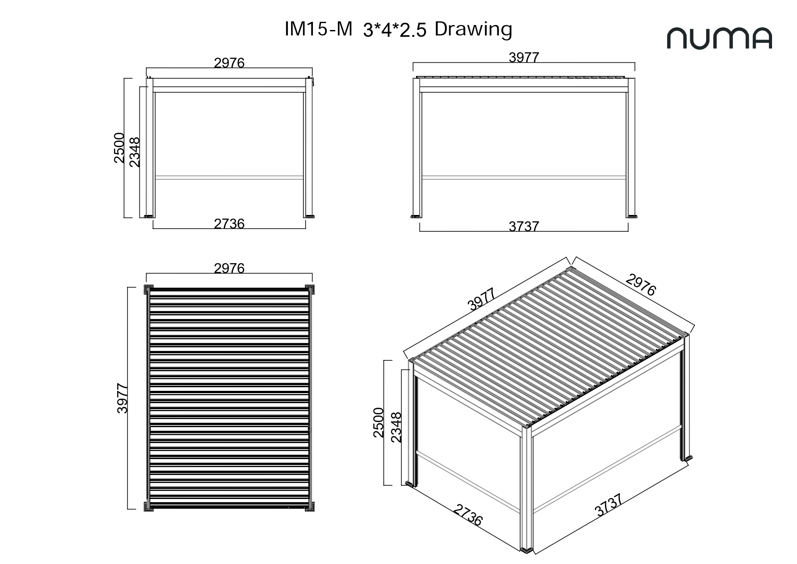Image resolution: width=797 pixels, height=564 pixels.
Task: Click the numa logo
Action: [719, 38]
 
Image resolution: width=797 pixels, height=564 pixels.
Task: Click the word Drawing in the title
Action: [473, 30]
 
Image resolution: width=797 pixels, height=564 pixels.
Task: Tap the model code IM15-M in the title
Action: [318, 29]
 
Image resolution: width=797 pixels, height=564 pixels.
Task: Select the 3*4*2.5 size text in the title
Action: [395, 30]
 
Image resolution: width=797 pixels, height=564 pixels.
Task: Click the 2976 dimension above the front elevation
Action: [229, 63]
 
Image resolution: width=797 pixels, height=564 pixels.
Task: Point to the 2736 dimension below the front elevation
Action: [229, 224]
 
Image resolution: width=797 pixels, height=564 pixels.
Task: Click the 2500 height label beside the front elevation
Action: [119, 148]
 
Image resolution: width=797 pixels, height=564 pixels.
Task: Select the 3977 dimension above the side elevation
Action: [524, 57]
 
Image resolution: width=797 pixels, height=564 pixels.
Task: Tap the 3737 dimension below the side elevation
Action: [524, 226]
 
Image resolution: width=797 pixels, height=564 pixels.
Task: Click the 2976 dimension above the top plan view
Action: [229, 268]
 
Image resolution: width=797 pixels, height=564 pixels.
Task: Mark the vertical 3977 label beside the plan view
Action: [122, 398]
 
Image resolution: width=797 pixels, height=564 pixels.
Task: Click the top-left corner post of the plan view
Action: [149, 289]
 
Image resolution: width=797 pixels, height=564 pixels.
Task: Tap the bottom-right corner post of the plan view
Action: [310, 506]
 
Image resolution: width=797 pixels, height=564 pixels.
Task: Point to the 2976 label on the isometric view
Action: [641, 284]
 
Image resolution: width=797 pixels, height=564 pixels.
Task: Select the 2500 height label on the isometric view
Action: [378, 423]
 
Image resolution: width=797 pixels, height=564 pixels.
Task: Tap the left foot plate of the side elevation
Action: [416, 216]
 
